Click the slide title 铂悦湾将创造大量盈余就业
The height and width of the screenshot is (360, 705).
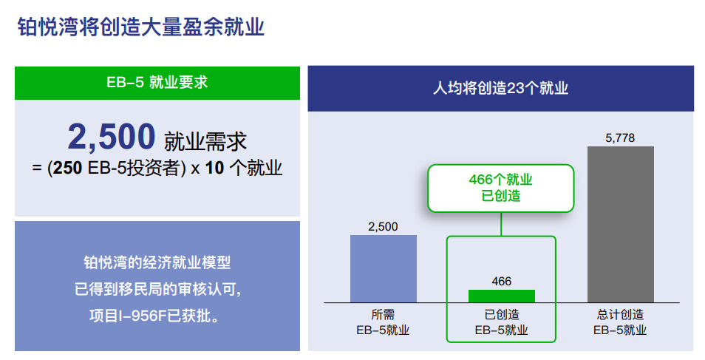(x=140, y=27)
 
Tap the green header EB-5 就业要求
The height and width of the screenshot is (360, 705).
(x=157, y=83)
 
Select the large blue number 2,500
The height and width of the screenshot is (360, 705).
(x=112, y=136)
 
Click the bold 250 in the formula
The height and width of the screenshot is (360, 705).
(x=67, y=168)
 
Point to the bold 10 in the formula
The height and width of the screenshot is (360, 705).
(x=214, y=168)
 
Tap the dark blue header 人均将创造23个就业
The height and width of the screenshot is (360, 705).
(x=500, y=88)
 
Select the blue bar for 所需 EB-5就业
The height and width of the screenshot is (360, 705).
(x=383, y=268)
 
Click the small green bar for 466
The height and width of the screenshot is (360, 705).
(x=501, y=296)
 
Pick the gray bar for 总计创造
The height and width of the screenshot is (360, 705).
(x=621, y=224)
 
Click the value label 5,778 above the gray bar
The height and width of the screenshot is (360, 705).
(x=620, y=137)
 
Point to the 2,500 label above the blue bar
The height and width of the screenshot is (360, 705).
(x=383, y=226)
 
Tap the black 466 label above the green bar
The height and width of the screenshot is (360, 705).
(x=501, y=281)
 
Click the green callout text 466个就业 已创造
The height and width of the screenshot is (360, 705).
(x=500, y=188)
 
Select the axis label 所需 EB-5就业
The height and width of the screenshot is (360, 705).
(x=383, y=322)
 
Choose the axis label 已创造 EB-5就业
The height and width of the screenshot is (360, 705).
(x=501, y=322)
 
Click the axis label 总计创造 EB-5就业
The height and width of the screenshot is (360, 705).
(x=620, y=322)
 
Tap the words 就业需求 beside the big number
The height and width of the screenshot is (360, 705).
(x=205, y=141)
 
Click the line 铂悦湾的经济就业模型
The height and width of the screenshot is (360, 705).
(x=157, y=262)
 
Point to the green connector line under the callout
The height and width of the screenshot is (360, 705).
(x=501, y=224)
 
